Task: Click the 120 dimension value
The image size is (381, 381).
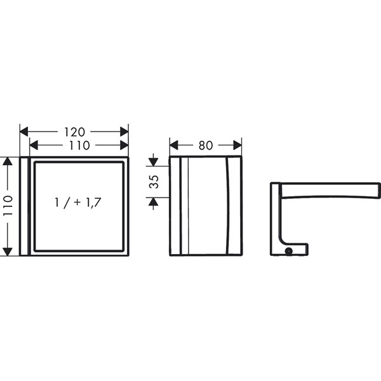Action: (x=74, y=132)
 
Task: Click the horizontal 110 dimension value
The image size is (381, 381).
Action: (x=79, y=145)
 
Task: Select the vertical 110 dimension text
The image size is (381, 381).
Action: (x=8, y=206)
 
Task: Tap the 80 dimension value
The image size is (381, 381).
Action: (x=206, y=145)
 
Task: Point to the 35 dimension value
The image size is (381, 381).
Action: (x=154, y=182)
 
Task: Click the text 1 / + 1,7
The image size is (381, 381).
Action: (x=77, y=203)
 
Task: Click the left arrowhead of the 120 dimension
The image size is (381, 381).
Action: (x=24, y=132)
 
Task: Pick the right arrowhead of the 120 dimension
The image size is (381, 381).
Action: (x=124, y=132)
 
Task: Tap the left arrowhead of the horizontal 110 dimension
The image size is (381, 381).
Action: (x=34, y=145)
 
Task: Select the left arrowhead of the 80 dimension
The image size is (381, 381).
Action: (x=174, y=145)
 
